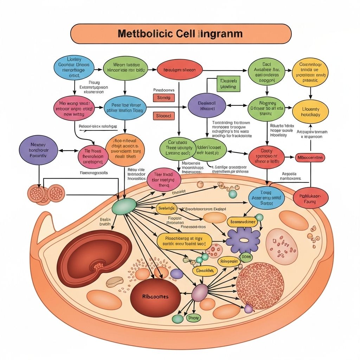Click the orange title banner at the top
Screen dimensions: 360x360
coord(181,34)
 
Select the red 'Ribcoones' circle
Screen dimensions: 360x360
coord(155,296)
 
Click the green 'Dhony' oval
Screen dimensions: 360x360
coord(193,318)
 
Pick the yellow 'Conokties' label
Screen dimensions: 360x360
coord(205,270)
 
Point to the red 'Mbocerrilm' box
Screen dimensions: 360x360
coord(310,157)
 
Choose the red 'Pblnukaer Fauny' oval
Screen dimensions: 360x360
coord(310,199)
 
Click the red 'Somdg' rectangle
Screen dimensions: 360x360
coord(163,98)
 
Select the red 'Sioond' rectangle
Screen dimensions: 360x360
coord(163,116)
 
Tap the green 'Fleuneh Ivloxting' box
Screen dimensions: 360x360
coord(228,83)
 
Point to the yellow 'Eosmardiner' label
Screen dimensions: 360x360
coord(242,222)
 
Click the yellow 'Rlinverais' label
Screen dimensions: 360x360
coord(229,261)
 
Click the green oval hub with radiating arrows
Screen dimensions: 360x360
coord(124,206)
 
